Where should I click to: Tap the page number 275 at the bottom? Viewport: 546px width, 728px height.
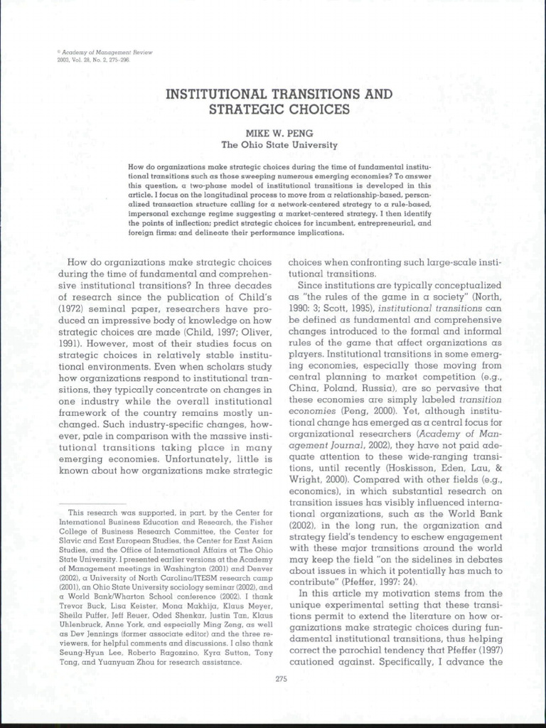tap(280, 679)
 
